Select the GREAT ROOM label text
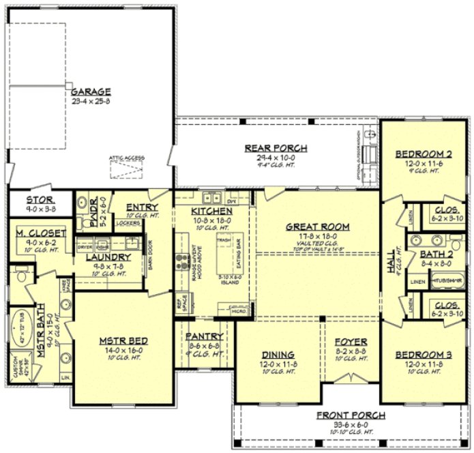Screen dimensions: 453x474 [x=317, y=227]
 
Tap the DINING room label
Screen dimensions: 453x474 [x=278, y=355]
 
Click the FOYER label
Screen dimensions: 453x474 [x=351, y=341]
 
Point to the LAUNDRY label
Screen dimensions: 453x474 [x=103, y=257]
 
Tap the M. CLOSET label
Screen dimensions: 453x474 [x=40, y=233]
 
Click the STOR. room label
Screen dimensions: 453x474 [x=40, y=201]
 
